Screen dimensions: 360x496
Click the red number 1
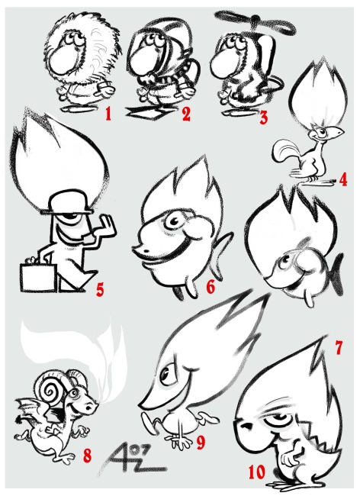(108, 114)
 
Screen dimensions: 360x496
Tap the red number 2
(186, 114)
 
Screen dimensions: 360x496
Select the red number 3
(264, 118)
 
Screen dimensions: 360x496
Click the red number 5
(100, 289)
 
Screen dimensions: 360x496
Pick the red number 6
(211, 287)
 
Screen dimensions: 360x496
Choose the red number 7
(339, 348)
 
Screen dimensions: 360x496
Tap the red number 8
(87, 456)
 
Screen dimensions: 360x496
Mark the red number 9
(201, 443)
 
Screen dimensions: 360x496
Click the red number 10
(256, 473)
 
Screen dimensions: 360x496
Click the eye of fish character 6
(173, 221)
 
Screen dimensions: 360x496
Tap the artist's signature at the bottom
(133, 461)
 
